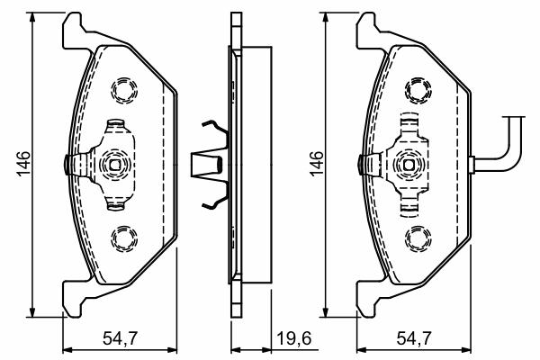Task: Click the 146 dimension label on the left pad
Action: [x=23, y=163]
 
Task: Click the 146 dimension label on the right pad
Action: [x=317, y=163]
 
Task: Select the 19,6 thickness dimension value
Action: [x=293, y=338]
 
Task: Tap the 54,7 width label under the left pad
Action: [x=121, y=338]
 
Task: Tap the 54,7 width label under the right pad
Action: [x=414, y=338]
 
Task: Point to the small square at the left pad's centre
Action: [x=114, y=165]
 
